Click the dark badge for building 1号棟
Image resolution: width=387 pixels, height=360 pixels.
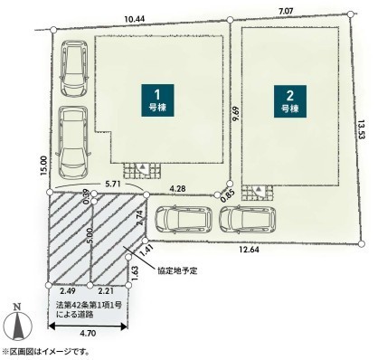(x=157, y=100)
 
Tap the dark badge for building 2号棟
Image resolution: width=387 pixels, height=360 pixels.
(x=290, y=101)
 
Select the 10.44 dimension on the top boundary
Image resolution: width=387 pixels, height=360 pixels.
(x=135, y=19)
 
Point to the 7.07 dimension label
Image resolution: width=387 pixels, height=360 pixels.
(x=286, y=12)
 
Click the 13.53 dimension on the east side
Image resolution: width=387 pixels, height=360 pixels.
(x=362, y=129)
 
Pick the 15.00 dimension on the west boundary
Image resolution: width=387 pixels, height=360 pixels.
(x=43, y=166)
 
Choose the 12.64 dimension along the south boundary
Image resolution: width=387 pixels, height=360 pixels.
(x=249, y=250)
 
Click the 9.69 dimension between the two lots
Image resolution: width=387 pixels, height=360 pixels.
(x=236, y=114)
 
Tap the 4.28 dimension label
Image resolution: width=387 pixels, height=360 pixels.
(x=177, y=189)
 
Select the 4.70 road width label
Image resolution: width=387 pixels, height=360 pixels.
(x=89, y=333)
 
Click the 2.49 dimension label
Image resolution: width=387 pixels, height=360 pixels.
(x=68, y=291)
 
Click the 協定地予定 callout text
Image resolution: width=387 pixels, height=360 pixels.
(x=177, y=270)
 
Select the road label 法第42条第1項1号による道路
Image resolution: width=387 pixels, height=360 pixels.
(x=89, y=309)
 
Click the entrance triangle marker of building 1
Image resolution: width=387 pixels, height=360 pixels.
(x=144, y=166)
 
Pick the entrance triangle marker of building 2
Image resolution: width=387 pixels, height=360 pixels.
(x=259, y=189)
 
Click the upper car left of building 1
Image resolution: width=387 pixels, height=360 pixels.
(x=74, y=68)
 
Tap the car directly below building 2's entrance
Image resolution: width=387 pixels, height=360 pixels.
(x=248, y=220)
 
